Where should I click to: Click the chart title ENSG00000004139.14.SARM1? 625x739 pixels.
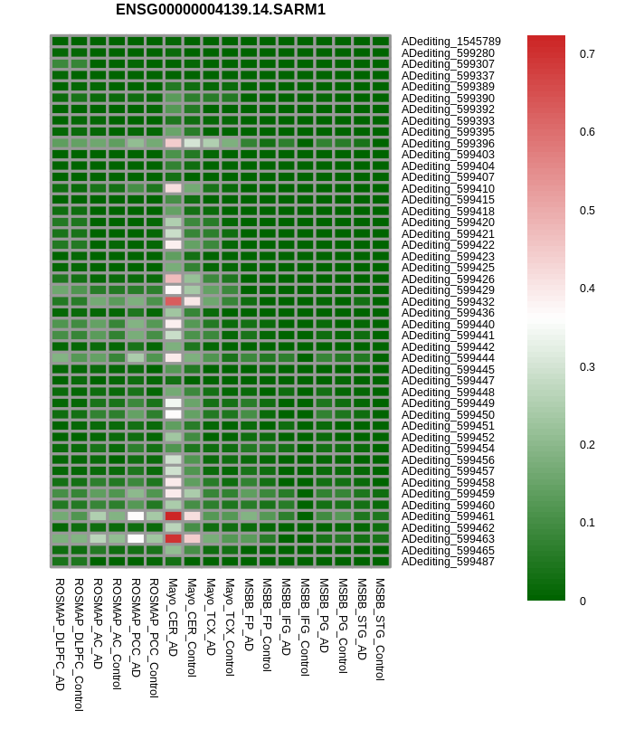tap(221, 10)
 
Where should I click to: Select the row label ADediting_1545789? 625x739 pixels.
tap(450, 42)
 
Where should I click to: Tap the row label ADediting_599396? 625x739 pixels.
tap(448, 143)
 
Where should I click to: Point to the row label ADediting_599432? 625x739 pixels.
tap(448, 301)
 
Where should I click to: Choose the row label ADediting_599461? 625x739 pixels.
tap(448, 516)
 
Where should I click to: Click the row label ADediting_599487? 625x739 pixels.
tap(448, 562)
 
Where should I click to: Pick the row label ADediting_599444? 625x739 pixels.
tap(448, 358)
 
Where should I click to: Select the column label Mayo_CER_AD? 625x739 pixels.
tap(173, 618)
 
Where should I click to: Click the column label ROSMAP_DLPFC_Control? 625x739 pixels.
tap(79, 645)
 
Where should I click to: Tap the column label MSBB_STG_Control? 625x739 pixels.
tap(380, 630)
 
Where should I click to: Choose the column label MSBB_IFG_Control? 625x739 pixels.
tap(305, 628)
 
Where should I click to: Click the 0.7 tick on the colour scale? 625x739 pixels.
tap(587, 54)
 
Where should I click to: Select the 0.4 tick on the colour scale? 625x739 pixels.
tap(587, 289)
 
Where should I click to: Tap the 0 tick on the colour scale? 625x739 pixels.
tap(582, 602)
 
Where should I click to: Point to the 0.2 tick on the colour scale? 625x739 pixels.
tap(587, 445)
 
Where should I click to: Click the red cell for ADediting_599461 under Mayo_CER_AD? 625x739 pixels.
tap(173, 516)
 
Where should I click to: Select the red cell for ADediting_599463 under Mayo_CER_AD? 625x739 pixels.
tap(173, 538)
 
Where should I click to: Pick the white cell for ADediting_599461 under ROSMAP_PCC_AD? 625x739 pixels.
tap(136, 516)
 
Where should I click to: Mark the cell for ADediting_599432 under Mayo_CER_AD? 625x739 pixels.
tap(173, 301)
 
